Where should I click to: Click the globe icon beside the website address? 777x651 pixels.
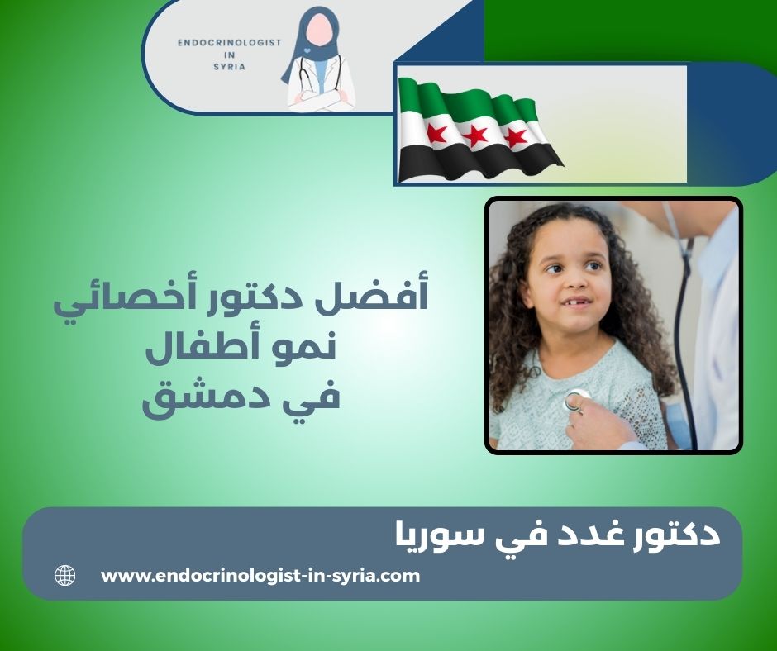[64, 576]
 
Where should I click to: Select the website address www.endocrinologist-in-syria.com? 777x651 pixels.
[260, 576]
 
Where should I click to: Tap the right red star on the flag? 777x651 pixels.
[516, 135]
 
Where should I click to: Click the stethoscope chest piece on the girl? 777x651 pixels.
[575, 402]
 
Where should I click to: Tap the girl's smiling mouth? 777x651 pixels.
[574, 302]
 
